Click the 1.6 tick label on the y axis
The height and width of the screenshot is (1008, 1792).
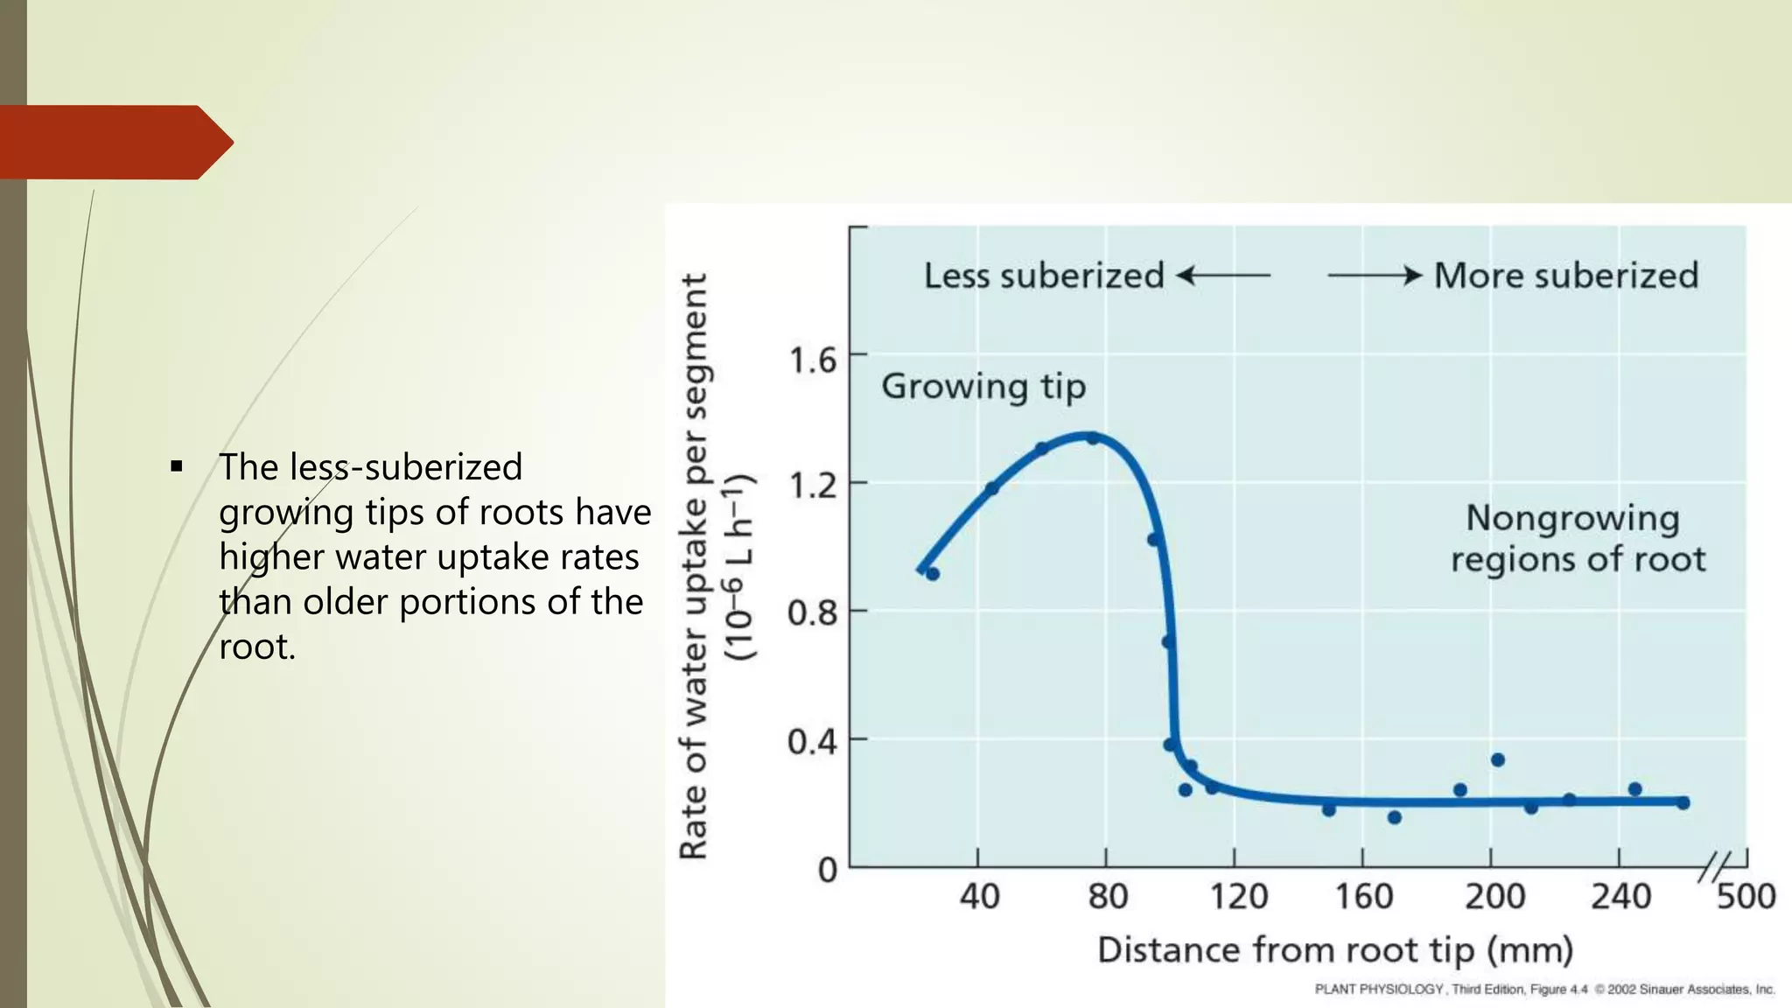pos(812,360)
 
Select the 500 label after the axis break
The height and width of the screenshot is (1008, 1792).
pos(1746,897)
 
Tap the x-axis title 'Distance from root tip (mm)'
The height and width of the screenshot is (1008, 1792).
pos(1335,950)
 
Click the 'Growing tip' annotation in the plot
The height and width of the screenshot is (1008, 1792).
pos(983,386)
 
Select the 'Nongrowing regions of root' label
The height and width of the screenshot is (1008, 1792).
pos(1577,538)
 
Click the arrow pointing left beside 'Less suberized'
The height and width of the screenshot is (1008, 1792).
pos(1222,276)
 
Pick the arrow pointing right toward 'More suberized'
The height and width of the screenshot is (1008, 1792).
pos(1375,276)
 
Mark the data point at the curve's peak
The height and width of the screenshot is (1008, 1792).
pos(1092,437)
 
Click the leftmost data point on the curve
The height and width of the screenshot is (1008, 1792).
pos(933,574)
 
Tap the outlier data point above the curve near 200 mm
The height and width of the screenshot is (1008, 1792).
pos(1497,759)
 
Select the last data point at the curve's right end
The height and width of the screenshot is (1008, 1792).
pos(1683,802)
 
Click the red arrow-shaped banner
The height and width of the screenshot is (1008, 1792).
pos(114,142)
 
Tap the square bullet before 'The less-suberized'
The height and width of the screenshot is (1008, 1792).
pos(177,466)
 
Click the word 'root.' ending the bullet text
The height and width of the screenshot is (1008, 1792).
pos(257,647)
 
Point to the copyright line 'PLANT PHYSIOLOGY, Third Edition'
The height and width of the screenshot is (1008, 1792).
pos(1544,990)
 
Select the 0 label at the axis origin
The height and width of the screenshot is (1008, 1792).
pos(827,871)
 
